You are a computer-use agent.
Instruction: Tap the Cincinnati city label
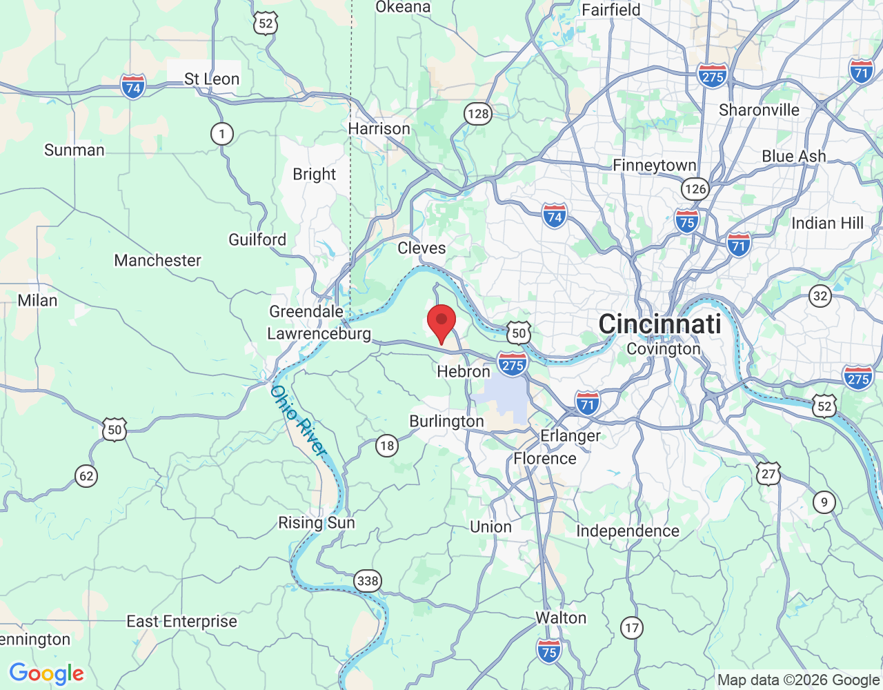[659, 324]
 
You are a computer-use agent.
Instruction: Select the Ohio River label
[298, 420]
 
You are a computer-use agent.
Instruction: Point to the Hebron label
[464, 371]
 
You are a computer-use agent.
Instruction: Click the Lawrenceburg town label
[319, 334]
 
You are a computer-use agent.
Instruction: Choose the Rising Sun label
[316, 522]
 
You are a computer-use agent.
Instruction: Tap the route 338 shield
[368, 581]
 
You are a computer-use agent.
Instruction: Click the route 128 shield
[478, 114]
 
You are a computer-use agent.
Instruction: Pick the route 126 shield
[695, 188]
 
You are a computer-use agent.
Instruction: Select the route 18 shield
[387, 446]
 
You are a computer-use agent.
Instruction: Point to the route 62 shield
[86, 475]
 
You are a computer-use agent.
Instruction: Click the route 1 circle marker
[221, 134]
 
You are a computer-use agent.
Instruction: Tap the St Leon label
[212, 79]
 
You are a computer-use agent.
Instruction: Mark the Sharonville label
[759, 110]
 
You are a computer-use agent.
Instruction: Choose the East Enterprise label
[181, 622]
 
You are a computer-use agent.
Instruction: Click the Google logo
[47, 673]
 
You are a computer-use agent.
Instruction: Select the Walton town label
[561, 618]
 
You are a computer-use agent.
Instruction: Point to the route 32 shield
[820, 297]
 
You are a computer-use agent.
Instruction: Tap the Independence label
[628, 531]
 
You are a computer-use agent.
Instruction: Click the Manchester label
[158, 260]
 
